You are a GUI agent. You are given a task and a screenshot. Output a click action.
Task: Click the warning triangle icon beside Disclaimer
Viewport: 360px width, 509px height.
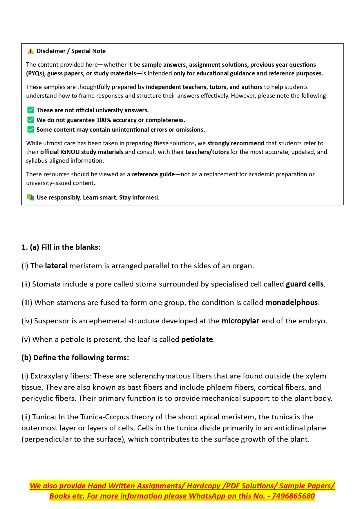pyautogui.click(x=30, y=51)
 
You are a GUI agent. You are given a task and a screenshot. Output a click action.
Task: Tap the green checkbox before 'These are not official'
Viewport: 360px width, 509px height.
pyautogui.click(x=30, y=110)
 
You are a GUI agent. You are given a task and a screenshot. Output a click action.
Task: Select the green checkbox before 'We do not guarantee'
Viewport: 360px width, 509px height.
pyautogui.click(x=30, y=120)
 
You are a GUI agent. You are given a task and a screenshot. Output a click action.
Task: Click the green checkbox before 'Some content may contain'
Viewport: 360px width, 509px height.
pyautogui.click(x=30, y=129)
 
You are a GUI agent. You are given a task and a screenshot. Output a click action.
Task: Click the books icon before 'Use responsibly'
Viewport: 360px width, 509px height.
pyautogui.click(x=30, y=197)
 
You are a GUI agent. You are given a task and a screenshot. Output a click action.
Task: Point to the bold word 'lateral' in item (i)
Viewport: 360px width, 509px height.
pyautogui.click(x=56, y=266)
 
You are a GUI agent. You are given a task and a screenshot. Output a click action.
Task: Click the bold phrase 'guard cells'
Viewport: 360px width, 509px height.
pyautogui.click(x=305, y=284)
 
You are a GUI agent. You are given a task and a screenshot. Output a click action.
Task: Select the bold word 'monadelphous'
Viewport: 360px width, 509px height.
pyautogui.click(x=292, y=302)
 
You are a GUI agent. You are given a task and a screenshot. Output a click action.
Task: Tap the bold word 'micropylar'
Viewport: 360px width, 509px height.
pyautogui.click(x=240, y=321)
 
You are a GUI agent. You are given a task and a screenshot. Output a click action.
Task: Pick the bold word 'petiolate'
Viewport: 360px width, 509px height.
pyautogui.click(x=197, y=339)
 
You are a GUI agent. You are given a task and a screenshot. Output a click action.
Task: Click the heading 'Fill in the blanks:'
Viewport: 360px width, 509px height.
pyautogui.click(x=70, y=247)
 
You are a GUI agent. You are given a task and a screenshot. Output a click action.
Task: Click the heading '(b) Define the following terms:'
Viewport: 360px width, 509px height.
pyautogui.click(x=75, y=358)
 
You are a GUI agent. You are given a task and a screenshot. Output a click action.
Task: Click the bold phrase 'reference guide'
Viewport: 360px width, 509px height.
pyautogui.click(x=153, y=174)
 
